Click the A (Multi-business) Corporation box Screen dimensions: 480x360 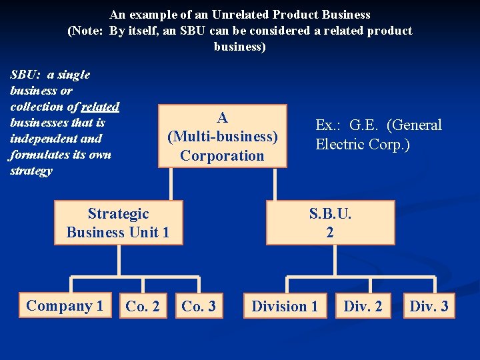tap(223, 136)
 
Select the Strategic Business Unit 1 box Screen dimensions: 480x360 tap(118, 223)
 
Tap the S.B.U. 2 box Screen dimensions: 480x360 tap(330, 223)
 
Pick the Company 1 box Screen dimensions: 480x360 tap(65, 306)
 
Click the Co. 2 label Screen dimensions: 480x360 tap(143, 307)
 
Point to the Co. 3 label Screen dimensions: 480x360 tap(199, 307)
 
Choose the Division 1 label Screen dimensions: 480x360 tap(285, 307)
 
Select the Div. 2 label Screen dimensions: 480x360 tap(363, 307)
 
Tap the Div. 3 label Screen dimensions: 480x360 tap(429, 307)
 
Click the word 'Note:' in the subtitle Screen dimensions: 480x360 tap(88, 31)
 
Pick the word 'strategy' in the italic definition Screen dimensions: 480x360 tap(31, 171)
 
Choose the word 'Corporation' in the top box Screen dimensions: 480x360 tap(223, 156)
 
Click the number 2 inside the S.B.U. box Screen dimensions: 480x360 tap(330, 233)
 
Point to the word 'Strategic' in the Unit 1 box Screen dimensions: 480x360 tap(118, 213)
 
